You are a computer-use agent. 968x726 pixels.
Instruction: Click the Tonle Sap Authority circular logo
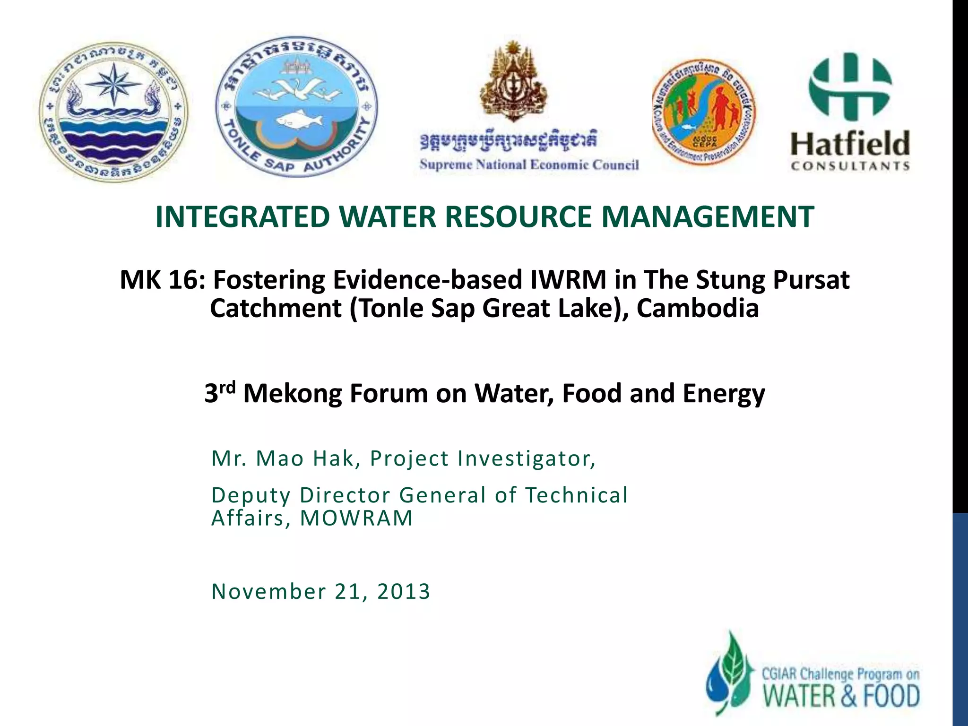(x=296, y=107)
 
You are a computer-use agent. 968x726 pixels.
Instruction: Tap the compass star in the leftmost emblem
(x=113, y=83)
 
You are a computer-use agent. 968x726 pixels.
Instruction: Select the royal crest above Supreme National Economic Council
(x=512, y=80)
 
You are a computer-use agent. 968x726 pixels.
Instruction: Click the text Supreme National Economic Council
(x=529, y=164)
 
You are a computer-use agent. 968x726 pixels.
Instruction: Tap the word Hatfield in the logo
(x=850, y=144)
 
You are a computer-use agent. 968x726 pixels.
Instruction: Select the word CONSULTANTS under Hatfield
(x=850, y=166)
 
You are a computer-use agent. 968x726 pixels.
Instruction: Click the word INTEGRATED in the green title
(x=242, y=217)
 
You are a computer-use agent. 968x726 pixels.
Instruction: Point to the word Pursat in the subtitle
(x=811, y=280)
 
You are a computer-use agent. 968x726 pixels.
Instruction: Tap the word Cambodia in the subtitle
(x=698, y=309)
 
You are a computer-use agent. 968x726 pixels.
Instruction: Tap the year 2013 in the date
(x=404, y=591)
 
